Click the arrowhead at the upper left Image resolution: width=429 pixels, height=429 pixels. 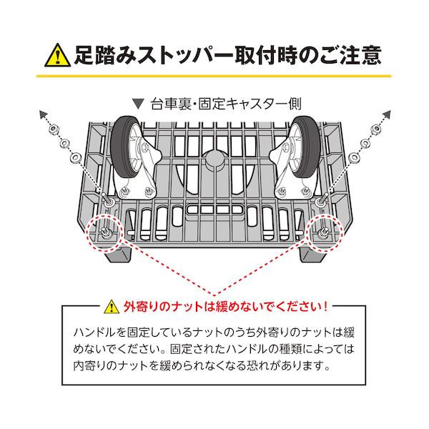[x=39, y=114]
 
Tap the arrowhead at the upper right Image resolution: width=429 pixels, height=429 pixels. [x=390, y=114]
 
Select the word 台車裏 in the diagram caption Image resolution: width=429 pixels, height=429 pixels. [x=169, y=102]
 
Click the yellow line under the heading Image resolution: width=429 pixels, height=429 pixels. [x=214, y=76]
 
